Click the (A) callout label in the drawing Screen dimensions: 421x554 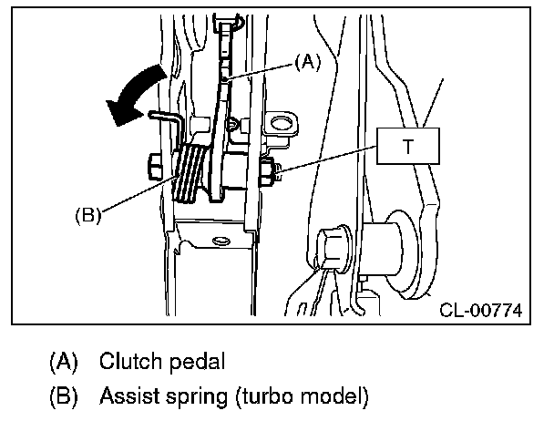tap(308, 61)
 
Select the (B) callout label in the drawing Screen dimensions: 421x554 tap(87, 216)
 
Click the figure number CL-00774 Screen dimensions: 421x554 tap(479, 311)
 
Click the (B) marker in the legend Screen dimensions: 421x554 tap(63, 396)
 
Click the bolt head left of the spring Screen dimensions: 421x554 tap(152, 168)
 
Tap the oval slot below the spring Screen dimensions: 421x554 tap(219, 241)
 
